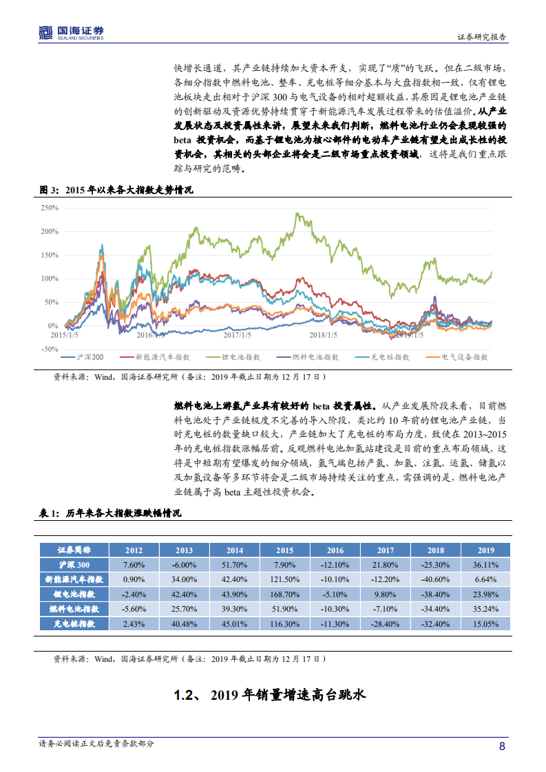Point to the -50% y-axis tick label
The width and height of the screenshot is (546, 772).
(x=50, y=349)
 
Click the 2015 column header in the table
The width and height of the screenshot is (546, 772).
(x=285, y=550)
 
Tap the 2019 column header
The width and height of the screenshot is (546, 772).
(x=486, y=550)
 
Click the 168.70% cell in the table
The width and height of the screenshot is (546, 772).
(x=285, y=594)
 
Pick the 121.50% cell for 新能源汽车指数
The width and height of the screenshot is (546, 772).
(x=285, y=579)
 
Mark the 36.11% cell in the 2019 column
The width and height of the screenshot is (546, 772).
(x=486, y=565)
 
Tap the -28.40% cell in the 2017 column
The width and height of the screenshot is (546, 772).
(x=386, y=623)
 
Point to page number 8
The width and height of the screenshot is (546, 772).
(x=503, y=747)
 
